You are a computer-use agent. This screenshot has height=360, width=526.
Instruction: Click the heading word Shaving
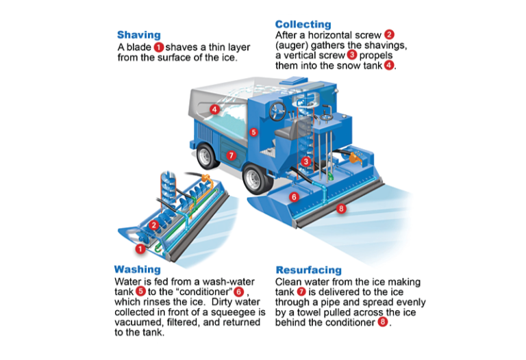pyautogui.click(x=138, y=35)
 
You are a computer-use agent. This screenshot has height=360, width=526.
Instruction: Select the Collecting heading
pyautogui.click(x=303, y=24)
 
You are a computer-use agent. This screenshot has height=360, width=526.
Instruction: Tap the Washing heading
pyautogui.click(x=137, y=269)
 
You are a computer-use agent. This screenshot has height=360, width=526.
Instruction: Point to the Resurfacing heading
pyautogui.click(x=308, y=270)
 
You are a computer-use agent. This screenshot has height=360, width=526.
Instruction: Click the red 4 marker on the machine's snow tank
pyautogui.click(x=214, y=109)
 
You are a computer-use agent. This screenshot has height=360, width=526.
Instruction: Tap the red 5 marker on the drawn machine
pyautogui.click(x=253, y=132)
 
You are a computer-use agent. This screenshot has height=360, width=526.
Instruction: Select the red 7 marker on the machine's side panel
pyautogui.click(x=231, y=155)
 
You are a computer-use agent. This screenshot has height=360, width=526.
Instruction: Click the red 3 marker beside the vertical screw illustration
pyautogui.click(x=307, y=162)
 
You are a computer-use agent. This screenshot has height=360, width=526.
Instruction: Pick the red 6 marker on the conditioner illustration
pyautogui.click(x=294, y=197)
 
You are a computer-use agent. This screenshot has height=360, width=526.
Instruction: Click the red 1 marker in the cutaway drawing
pyautogui.click(x=140, y=249)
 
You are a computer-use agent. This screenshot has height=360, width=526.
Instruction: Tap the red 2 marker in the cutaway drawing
pyautogui.click(x=154, y=224)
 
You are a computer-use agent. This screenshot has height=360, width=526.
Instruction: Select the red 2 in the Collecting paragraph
pyautogui.click(x=389, y=34)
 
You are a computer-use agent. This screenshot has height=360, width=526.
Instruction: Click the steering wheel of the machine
pyautogui.click(x=279, y=109)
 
